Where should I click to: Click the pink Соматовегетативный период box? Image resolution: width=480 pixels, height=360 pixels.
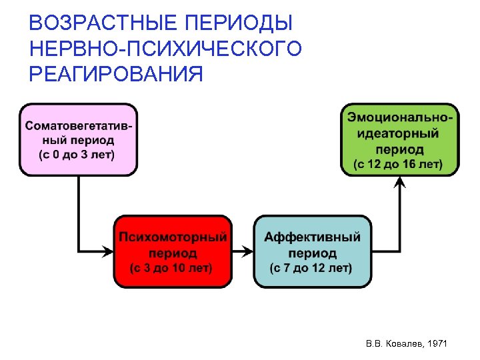tap(78, 139)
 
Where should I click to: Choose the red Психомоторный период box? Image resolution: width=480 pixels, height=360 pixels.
tap(173, 251)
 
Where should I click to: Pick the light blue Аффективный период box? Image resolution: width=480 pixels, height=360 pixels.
tap(312, 251)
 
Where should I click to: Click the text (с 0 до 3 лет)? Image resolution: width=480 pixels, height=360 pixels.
tap(78, 155)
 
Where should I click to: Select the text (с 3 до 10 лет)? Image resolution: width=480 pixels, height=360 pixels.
tap(172, 268)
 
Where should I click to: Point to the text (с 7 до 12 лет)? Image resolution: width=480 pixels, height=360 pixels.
tap(311, 268)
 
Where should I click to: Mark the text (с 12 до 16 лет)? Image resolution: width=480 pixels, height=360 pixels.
tap(398, 163)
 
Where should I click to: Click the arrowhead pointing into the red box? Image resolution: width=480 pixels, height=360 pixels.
tap(107, 251)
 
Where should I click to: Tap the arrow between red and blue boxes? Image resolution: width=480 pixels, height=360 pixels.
tap(243, 251)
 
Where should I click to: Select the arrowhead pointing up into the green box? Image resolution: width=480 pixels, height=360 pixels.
tap(399, 182)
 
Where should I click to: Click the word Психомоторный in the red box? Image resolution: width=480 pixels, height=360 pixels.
tap(173, 237)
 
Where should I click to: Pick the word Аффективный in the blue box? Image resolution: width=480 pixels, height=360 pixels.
tap(312, 237)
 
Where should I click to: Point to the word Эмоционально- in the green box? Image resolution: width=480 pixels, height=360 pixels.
tap(399, 117)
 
